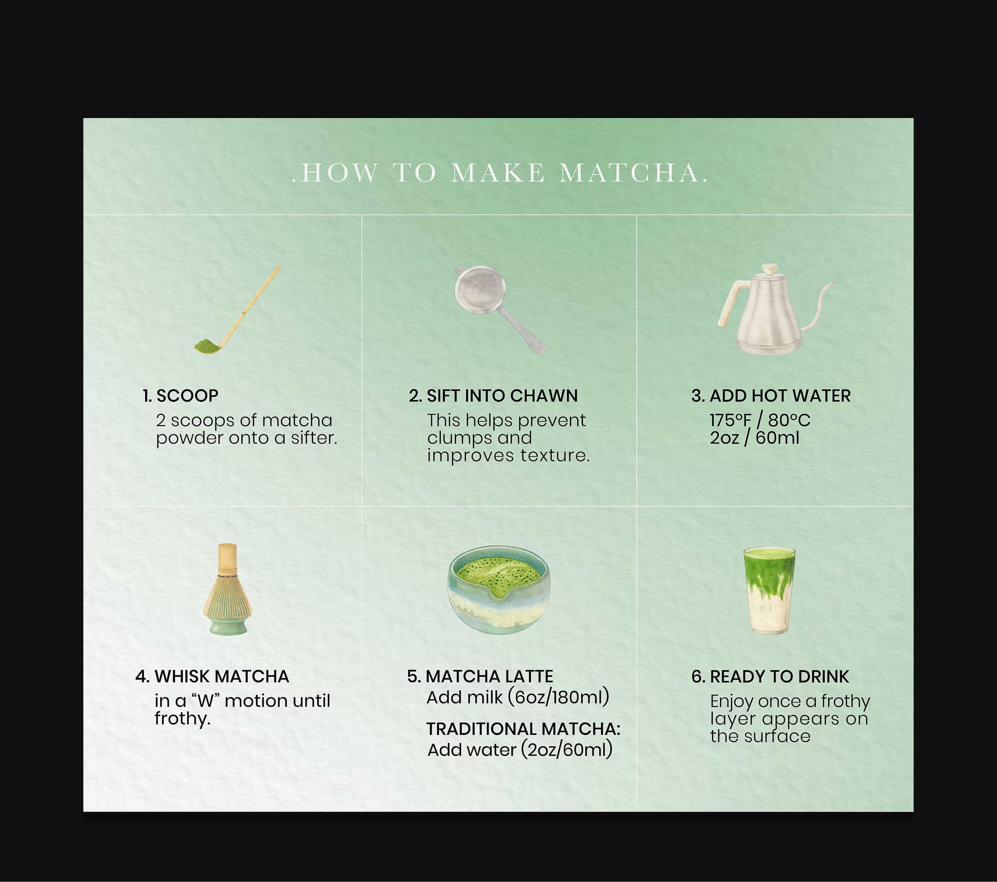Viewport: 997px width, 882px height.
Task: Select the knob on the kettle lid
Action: pos(767,270)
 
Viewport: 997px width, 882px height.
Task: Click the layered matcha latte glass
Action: pos(769,590)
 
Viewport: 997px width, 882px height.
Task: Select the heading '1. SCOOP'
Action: pos(180,395)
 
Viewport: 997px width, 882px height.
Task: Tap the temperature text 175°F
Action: pos(731,421)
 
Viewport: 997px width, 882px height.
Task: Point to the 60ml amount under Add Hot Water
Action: pos(777,438)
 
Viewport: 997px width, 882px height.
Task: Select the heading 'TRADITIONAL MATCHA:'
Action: pos(523,729)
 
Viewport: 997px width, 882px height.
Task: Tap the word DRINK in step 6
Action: pos(823,676)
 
